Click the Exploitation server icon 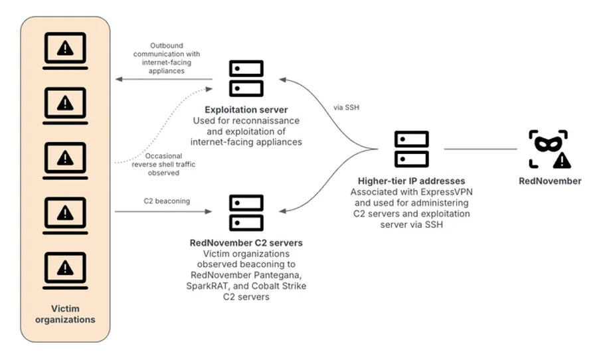click(246, 78)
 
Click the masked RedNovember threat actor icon click(549, 149)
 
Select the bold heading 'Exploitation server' click(246, 109)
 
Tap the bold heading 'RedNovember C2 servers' click(246, 243)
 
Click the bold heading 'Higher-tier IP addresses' click(412, 181)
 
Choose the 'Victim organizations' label click(65, 314)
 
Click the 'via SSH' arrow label click(346, 106)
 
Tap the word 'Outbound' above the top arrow click(165, 45)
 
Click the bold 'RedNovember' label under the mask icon click(549, 181)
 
